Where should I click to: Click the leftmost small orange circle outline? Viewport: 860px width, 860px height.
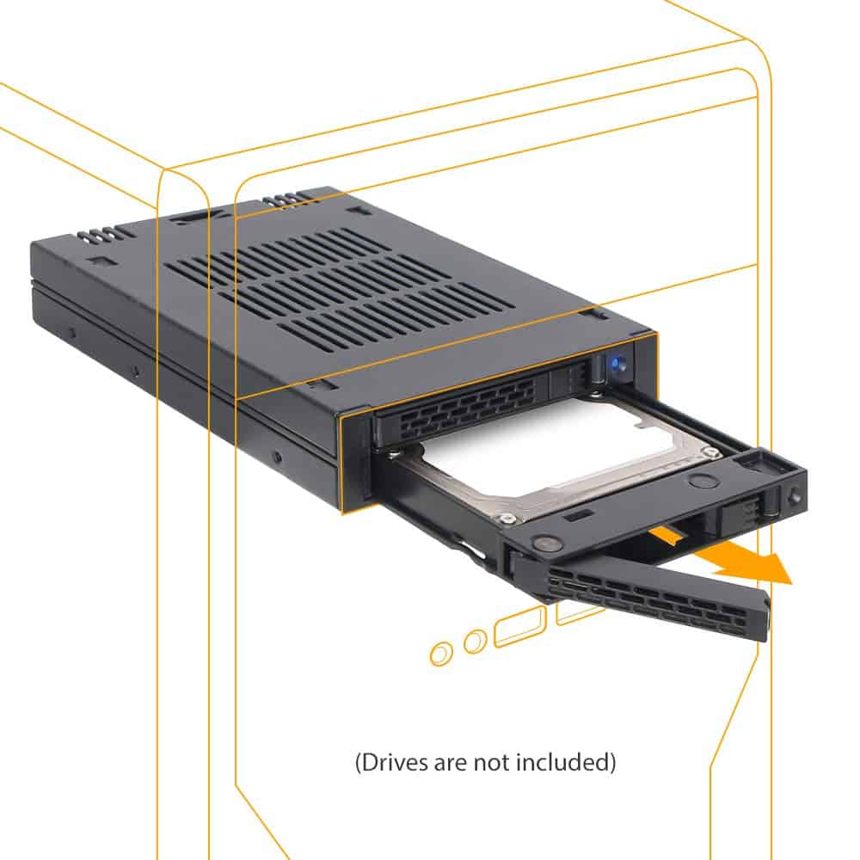click(440, 654)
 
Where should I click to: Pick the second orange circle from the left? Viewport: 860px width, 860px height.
click(474, 642)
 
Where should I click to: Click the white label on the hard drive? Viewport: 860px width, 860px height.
click(550, 451)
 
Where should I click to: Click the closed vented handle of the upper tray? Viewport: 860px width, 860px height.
click(460, 408)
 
